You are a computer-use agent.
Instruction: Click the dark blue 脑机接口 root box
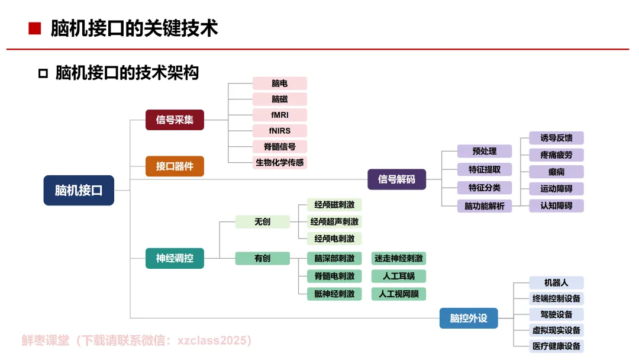(x=79, y=190)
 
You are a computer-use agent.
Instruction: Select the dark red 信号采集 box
(x=175, y=120)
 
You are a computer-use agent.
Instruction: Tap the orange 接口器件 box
(x=175, y=166)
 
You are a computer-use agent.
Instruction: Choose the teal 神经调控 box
(x=175, y=258)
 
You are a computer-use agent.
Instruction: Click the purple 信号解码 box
(x=396, y=179)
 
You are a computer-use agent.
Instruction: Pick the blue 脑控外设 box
(x=469, y=318)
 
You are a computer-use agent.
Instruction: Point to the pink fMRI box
(x=280, y=115)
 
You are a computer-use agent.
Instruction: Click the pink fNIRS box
(x=280, y=131)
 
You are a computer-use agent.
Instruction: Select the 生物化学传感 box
(x=280, y=162)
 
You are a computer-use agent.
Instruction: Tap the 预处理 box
(x=484, y=151)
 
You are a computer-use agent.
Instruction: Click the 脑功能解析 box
(x=484, y=206)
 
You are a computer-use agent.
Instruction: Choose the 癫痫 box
(x=556, y=172)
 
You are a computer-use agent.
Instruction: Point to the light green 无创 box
(x=262, y=221)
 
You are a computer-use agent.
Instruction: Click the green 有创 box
(x=262, y=258)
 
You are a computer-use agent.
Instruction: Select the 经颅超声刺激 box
(x=334, y=221)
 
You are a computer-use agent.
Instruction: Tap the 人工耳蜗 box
(x=398, y=276)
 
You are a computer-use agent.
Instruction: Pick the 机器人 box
(x=556, y=283)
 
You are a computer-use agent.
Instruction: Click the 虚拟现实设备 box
(x=556, y=330)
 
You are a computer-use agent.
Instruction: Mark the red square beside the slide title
(x=35, y=28)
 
